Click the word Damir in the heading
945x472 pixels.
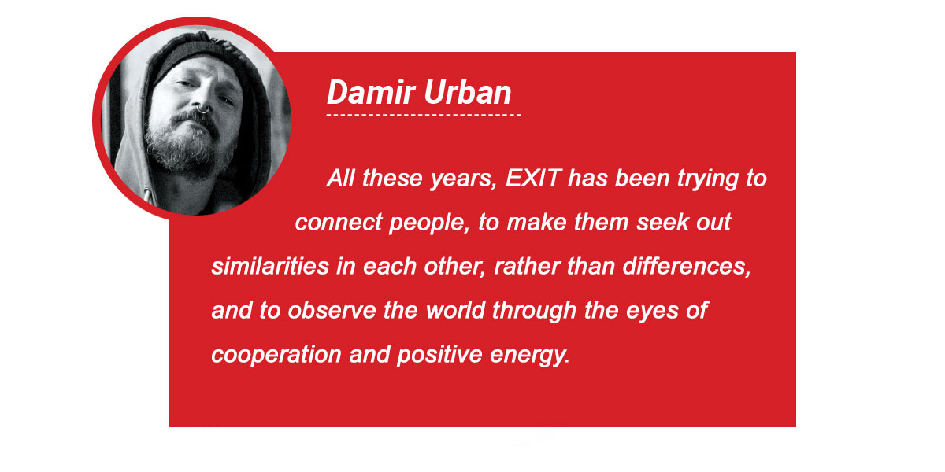[x=371, y=92]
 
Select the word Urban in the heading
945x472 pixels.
[x=468, y=92]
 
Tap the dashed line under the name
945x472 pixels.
[x=424, y=115]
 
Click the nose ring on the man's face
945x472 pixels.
[x=204, y=110]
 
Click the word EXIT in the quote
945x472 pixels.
[x=533, y=179]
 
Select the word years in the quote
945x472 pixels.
[x=463, y=179]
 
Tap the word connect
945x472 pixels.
[x=339, y=223]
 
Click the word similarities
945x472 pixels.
[x=270, y=267]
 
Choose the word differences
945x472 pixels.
[x=687, y=267]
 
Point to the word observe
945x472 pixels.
[x=332, y=311]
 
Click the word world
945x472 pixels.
[x=456, y=311]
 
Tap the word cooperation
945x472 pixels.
[x=276, y=356]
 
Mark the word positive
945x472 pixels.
[x=439, y=356]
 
